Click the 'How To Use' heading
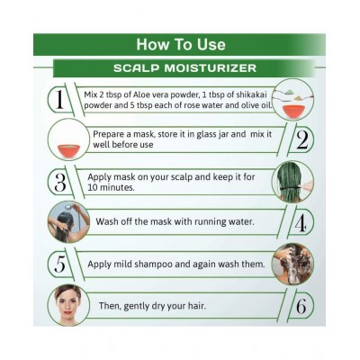pyautogui.click(x=181, y=44)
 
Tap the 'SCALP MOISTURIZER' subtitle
pyautogui.click(x=184, y=68)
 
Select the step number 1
pyautogui.click(x=59, y=99)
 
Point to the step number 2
pyautogui.click(x=301, y=140)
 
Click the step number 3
pyautogui.click(x=60, y=183)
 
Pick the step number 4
pyautogui.click(x=301, y=224)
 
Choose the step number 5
pyautogui.click(x=60, y=263)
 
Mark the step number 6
pyautogui.click(x=301, y=306)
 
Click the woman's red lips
pyautogui.click(x=67, y=312)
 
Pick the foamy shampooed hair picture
pyautogui.click(x=292, y=265)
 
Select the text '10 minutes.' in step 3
pyautogui.click(x=111, y=187)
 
